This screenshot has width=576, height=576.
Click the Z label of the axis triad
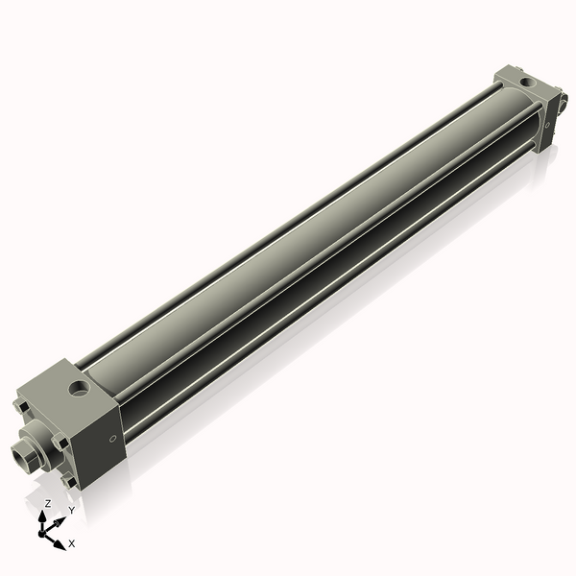pyautogui.click(x=48, y=503)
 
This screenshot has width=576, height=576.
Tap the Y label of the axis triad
pyautogui.click(x=71, y=511)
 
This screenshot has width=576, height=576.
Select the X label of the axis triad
pyautogui.click(x=72, y=543)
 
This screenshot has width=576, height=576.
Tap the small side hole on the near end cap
pyautogui.click(x=114, y=439)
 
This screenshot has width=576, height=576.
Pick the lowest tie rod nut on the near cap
pyautogui.click(x=69, y=481)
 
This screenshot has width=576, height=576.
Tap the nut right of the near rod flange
pyautogui.click(x=60, y=443)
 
